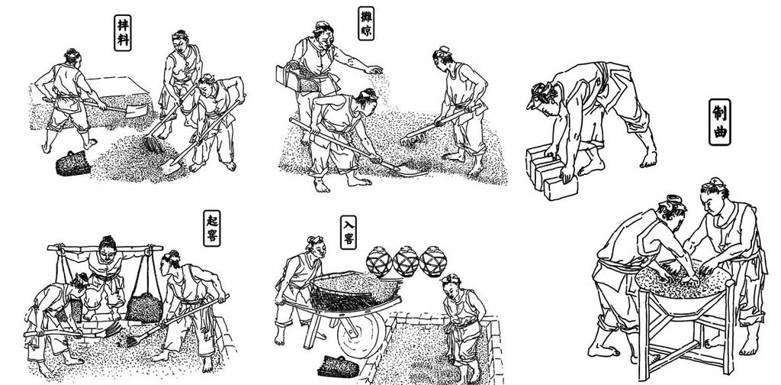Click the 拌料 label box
pos(123,32)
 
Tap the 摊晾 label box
pos(366,24)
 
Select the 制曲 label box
pos(720,122)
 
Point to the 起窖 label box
pos(212,228)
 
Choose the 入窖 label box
pos(349,232)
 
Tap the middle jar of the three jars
pos(406,261)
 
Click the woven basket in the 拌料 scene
pos(72,163)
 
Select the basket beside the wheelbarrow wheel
pos(338,367)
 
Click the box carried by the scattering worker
pos(298,79)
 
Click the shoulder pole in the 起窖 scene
pos(105,247)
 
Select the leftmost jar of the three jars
pos(380,261)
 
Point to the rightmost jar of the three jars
pos(433,261)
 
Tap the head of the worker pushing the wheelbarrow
pos(315,247)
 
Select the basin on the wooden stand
pos(683,288)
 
